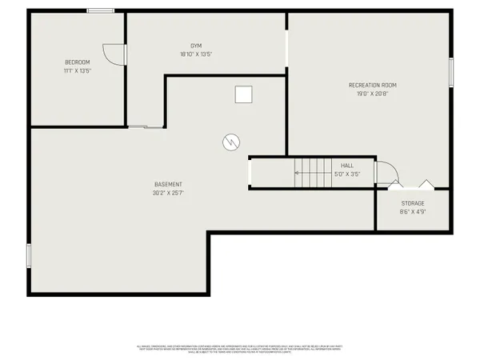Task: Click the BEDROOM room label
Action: [x=78, y=62]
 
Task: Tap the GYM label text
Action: [x=196, y=46]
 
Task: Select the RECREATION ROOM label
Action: [x=372, y=85]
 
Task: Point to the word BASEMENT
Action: [x=168, y=184]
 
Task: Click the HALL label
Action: [x=347, y=165]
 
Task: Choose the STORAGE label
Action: [x=413, y=203]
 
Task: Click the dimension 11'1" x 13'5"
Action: [x=78, y=70]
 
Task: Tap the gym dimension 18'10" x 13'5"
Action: [x=196, y=54]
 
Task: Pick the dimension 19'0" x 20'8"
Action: [x=372, y=94]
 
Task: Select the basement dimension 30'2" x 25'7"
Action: [x=168, y=193]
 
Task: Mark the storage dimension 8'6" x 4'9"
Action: [x=413, y=212]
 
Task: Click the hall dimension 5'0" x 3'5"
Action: [x=347, y=174]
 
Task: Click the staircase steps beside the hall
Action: [x=312, y=171]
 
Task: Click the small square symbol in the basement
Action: [x=242, y=95]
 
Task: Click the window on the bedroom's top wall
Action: [x=100, y=10]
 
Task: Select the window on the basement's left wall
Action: [x=29, y=255]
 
